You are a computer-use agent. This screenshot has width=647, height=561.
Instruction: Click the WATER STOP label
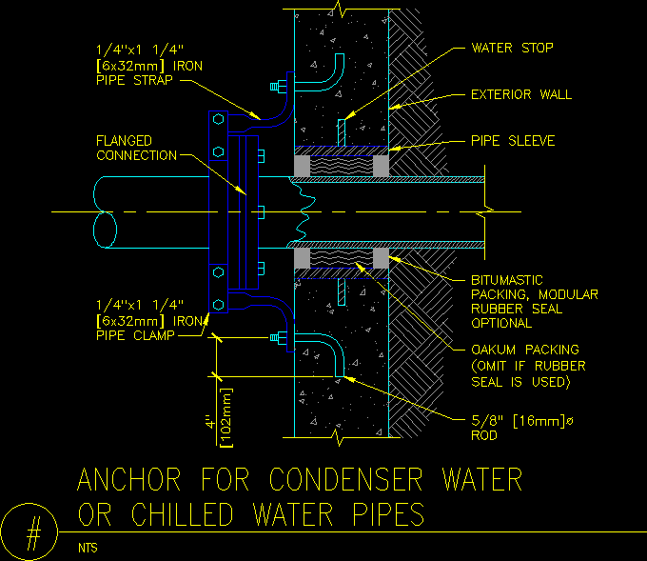pos(512,48)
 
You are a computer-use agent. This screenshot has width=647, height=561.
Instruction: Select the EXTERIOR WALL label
pos(521,94)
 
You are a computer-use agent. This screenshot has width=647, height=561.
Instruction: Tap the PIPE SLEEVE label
pos(513,141)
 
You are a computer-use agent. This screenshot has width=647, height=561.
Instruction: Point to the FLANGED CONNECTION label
pos(137,148)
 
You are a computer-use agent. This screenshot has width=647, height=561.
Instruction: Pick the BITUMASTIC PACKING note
pos(535,301)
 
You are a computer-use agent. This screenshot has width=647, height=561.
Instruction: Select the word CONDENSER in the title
pos(382,479)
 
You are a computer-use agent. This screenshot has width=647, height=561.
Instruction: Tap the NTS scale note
pos(88,548)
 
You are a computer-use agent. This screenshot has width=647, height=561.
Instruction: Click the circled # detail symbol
pos(32,532)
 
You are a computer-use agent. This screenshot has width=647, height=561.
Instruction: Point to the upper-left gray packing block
pos(302,166)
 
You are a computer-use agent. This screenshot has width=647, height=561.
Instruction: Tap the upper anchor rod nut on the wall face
pos(277,89)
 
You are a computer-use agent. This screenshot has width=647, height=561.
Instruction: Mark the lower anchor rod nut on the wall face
pos(277,338)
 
